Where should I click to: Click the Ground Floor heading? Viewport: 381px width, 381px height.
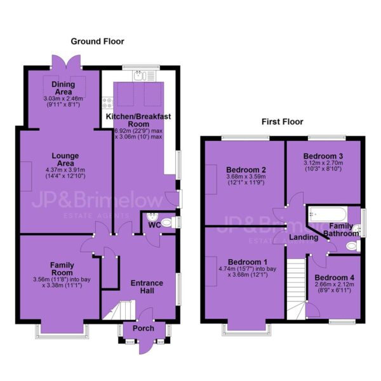coord(97,41)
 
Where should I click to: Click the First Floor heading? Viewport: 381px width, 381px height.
coord(283,122)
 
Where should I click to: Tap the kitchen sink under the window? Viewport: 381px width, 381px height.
coord(144,76)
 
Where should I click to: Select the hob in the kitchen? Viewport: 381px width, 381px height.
coord(108,102)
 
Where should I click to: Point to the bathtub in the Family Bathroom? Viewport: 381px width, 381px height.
coord(327,215)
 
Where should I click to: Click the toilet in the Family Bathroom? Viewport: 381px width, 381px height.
coord(353,246)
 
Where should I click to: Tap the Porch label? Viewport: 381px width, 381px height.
coord(144,328)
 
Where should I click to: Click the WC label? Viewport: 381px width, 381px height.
coord(154,225)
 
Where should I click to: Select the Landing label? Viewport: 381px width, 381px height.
coord(304,237)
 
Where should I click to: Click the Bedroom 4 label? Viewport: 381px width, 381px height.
coord(335,277)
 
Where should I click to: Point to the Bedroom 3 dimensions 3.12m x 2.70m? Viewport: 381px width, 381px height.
coord(323,163)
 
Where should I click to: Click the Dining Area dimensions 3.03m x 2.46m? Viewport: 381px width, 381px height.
coord(63,98)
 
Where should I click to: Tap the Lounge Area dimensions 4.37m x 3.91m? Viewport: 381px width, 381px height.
coord(65,170)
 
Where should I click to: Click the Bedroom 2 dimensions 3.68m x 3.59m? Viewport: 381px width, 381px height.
coord(246,177)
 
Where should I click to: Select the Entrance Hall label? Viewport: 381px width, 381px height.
coord(147,287)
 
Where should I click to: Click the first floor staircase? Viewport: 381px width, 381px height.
coord(297,289)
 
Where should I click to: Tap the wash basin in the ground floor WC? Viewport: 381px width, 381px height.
coord(152,216)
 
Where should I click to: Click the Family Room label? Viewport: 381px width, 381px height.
coord(62,269)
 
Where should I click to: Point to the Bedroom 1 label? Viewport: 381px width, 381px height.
coord(248,262)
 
